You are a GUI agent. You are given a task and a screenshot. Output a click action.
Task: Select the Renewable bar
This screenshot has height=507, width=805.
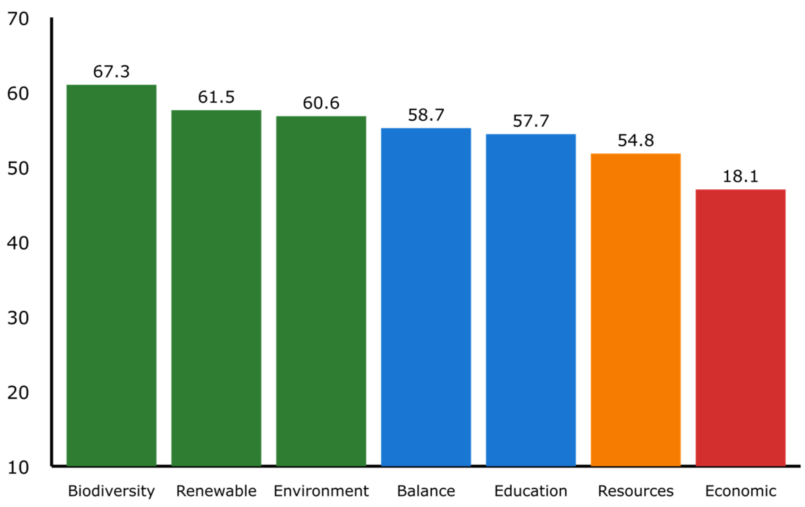(216, 288)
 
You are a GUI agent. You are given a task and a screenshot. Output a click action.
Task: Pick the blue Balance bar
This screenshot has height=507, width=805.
(426, 297)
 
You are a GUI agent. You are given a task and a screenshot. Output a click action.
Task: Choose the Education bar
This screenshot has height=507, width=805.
(531, 300)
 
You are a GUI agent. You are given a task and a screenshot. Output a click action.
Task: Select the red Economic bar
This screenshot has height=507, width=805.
(740, 327)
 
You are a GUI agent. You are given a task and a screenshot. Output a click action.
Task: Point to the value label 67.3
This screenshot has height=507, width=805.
(111, 71)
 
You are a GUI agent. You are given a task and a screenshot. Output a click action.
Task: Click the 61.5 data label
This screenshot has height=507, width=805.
(216, 97)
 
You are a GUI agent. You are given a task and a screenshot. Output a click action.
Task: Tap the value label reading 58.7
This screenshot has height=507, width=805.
(426, 115)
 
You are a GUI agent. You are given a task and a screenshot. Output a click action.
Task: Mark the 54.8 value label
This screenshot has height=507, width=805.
(636, 140)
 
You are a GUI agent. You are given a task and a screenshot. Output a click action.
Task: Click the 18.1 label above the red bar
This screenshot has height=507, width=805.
(740, 177)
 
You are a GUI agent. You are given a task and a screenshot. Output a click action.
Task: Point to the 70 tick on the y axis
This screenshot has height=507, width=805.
(18, 19)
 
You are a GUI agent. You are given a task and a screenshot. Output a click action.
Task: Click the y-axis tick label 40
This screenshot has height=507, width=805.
(18, 243)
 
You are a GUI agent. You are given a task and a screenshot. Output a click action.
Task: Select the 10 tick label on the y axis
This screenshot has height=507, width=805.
(18, 468)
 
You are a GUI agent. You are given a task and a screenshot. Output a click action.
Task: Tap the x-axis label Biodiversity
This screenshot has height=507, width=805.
(111, 491)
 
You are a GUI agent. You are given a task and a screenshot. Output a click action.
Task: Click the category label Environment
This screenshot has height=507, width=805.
(321, 491)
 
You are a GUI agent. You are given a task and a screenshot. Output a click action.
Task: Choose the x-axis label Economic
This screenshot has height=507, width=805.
(740, 491)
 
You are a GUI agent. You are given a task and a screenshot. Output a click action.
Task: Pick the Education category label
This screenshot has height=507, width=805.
(531, 491)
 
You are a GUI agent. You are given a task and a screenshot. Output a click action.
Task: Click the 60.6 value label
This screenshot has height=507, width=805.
(321, 103)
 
